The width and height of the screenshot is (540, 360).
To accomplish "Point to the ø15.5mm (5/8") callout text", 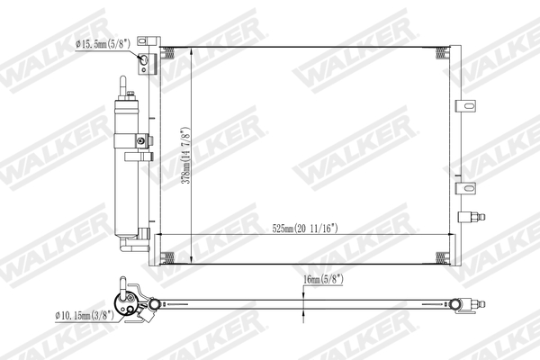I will click(x=105, y=43).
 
